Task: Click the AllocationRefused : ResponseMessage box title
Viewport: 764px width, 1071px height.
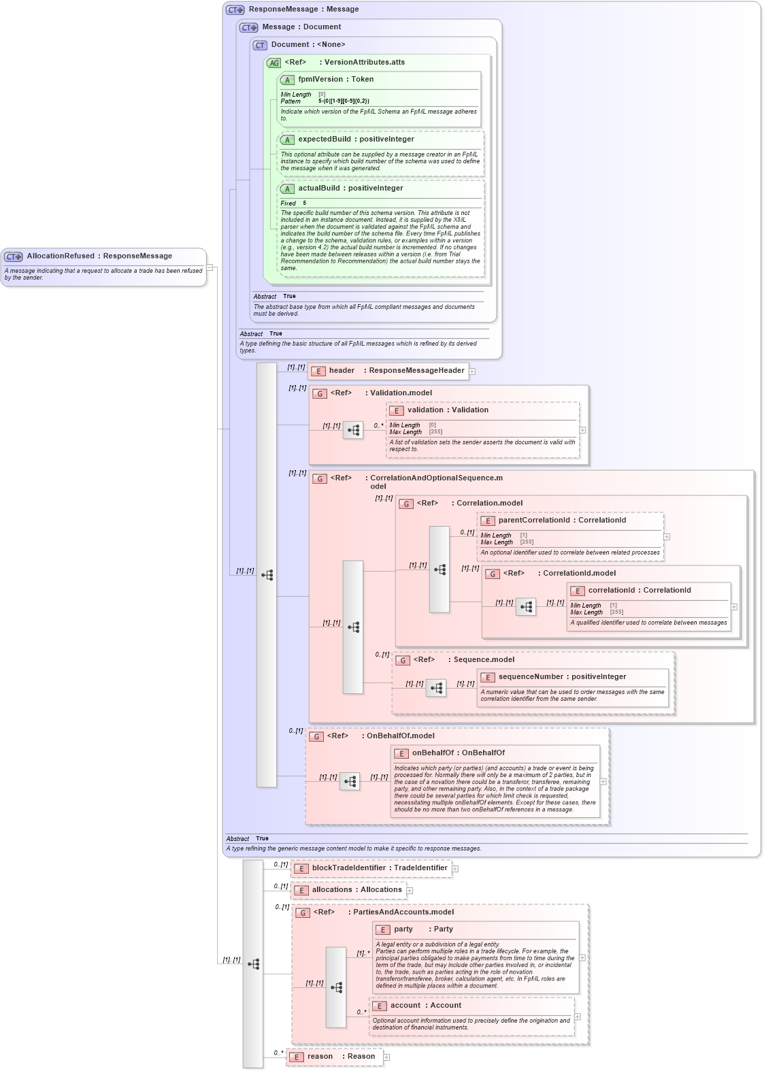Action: (99, 257)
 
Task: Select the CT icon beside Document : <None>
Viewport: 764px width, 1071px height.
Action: (259, 45)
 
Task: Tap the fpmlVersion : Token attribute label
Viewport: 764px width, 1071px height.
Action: (335, 80)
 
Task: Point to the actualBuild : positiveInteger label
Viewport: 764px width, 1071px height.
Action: (350, 188)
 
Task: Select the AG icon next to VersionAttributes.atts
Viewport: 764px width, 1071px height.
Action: (273, 63)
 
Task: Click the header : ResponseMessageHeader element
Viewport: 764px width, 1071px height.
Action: (396, 371)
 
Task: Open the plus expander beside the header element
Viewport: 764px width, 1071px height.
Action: (472, 372)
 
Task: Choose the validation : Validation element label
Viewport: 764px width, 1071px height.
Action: (448, 410)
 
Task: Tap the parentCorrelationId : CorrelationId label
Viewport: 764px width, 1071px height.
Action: (562, 521)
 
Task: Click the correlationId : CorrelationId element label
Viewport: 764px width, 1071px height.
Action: (639, 591)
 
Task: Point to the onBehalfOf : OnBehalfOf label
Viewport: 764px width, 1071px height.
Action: (458, 753)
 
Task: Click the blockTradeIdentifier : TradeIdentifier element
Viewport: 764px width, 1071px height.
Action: (379, 868)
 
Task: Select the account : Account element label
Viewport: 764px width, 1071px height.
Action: (425, 1006)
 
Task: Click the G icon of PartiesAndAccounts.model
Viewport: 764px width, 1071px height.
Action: (303, 912)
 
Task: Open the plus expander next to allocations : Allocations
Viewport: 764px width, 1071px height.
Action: (410, 890)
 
